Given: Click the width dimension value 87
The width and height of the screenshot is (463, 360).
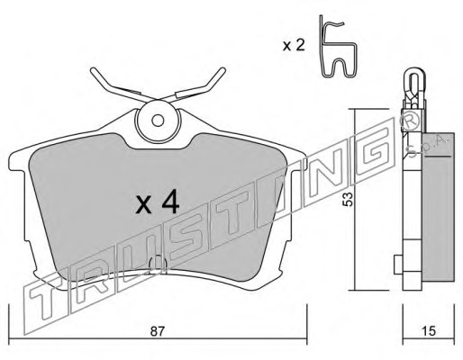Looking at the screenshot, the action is tap(158, 331).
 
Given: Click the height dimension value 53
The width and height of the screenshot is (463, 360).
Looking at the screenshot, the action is tap(349, 199).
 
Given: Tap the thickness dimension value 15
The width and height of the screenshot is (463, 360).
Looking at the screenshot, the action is tap(428, 331).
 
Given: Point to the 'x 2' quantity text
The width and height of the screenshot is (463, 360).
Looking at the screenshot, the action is tap(294, 46).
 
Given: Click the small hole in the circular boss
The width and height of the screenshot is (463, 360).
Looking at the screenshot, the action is tap(158, 121).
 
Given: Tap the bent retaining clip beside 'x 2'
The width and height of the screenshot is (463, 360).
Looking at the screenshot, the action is tap(338, 47).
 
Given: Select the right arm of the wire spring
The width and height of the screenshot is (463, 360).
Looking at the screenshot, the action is tap(198, 85).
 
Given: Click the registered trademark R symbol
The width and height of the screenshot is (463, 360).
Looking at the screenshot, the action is tap(410, 121).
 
